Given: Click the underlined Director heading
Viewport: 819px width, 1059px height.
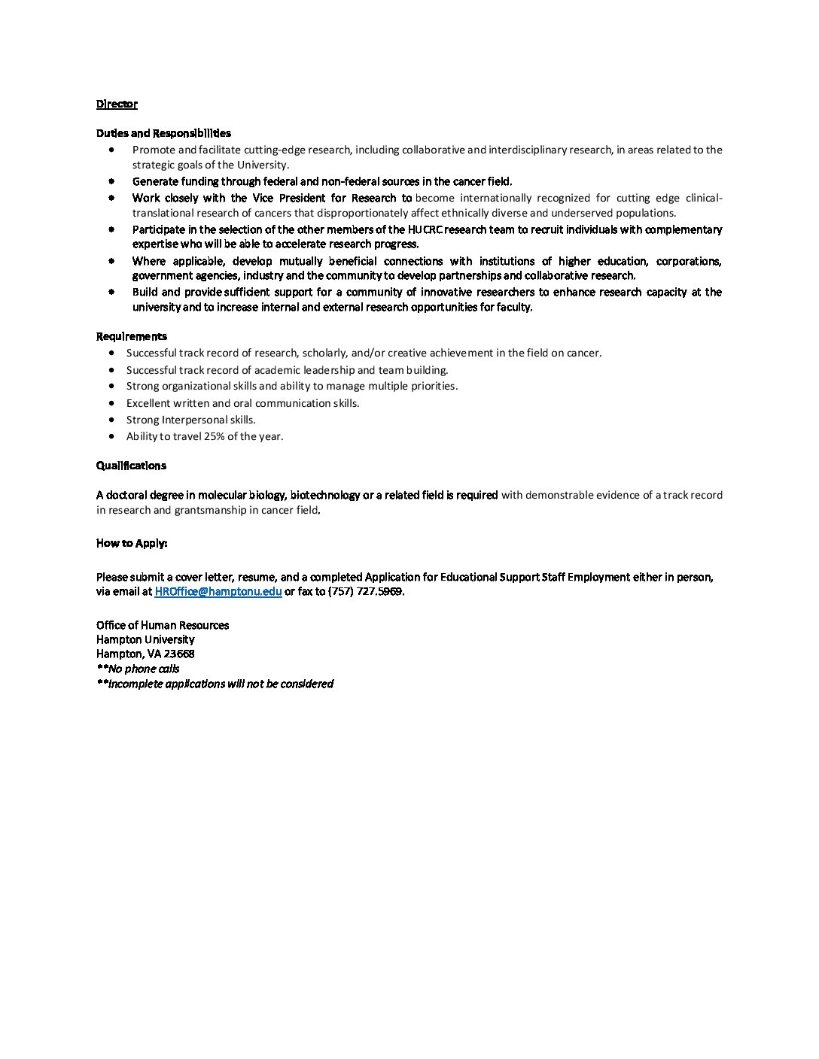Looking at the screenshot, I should pyautogui.click(x=117, y=104).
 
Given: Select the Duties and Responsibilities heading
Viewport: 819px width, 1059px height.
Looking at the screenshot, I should pyautogui.click(x=163, y=133).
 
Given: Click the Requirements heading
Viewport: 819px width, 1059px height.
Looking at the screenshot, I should pyautogui.click(x=132, y=336).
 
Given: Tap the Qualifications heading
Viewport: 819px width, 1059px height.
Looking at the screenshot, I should pyautogui.click(x=131, y=466).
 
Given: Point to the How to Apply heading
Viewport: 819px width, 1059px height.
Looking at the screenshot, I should pyautogui.click(x=132, y=543).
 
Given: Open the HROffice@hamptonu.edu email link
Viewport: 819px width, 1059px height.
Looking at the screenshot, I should pyautogui.click(x=218, y=592).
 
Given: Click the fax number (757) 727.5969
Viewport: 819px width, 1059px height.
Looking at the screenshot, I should pyautogui.click(x=365, y=592).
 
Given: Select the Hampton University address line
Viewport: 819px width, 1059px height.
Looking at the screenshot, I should pyautogui.click(x=145, y=639).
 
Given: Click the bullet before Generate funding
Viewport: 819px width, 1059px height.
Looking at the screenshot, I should pyautogui.click(x=111, y=181).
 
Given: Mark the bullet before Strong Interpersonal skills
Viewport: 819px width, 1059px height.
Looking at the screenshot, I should pyautogui.click(x=111, y=420).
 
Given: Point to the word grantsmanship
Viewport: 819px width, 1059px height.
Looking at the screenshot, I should pyautogui.click(x=215, y=510).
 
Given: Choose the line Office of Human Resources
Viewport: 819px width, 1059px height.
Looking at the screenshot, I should pyautogui.click(x=163, y=625).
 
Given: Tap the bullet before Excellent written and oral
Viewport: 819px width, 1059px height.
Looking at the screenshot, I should pyautogui.click(x=111, y=403).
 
